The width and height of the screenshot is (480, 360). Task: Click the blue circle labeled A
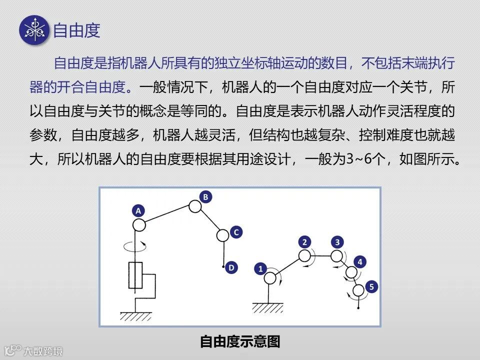(138, 210)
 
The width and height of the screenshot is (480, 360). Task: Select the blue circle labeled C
(236, 232)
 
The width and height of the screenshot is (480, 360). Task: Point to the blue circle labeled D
(231, 268)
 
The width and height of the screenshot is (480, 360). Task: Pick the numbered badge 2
(304, 242)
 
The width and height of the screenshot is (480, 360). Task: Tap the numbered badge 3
(338, 242)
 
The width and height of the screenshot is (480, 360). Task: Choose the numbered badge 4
(360, 261)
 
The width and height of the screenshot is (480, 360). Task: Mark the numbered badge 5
(370, 286)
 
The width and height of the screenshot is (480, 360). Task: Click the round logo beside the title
(34, 30)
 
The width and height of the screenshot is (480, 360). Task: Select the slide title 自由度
(77, 30)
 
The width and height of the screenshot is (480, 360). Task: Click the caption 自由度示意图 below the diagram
(240, 342)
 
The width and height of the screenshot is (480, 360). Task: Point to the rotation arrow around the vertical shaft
(135, 246)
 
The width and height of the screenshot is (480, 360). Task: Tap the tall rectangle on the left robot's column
(135, 275)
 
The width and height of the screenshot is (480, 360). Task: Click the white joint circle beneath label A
(139, 224)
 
